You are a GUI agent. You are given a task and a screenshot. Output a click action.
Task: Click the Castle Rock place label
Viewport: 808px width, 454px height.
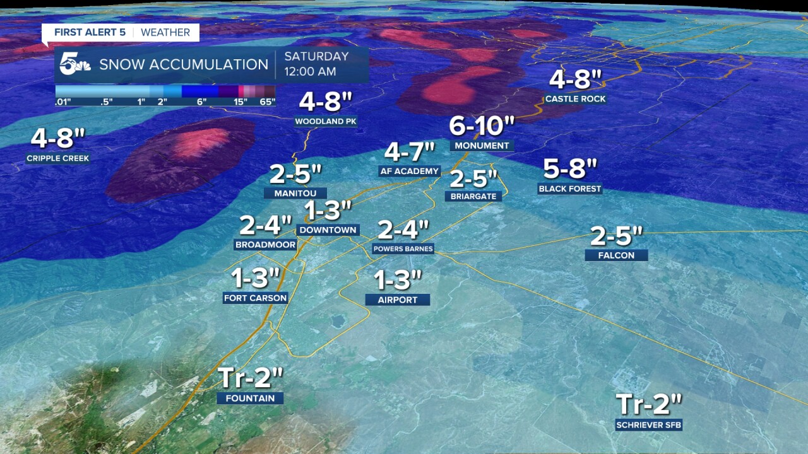click(x=575, y=99)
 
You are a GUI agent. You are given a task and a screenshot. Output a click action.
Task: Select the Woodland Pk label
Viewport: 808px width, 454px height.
click(x=326, y=122)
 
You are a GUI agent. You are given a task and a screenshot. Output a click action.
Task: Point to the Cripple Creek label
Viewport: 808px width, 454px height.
click(x=58, y=158)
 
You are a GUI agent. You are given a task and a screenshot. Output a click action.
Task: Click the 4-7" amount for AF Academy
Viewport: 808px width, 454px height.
click(x=410, y=152)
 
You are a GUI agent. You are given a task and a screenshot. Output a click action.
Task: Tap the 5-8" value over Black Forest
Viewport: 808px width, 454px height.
click(x=570, y=169)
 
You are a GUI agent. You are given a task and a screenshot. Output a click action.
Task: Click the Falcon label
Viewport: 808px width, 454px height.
click(x=616, y=255)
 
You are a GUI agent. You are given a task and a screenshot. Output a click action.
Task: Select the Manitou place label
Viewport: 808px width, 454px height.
click(x=295, y=194)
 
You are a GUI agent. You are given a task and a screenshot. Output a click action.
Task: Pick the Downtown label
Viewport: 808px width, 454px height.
click(x=328, y=230)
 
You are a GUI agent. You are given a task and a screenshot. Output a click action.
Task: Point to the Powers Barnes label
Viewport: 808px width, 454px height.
click(x=403, y=249)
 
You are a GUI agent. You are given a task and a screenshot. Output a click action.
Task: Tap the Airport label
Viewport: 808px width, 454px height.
click(x=398, y=300)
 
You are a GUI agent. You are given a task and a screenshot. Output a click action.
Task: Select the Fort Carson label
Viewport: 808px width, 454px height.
click(x=256, y=298)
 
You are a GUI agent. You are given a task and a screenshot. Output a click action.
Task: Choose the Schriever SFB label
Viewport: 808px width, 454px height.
click(x=649, y=425)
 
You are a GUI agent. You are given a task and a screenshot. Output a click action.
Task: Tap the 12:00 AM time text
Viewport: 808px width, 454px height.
click(x=310, y=72)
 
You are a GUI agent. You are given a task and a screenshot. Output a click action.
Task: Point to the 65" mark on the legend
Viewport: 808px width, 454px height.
click(x=268, y=102)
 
